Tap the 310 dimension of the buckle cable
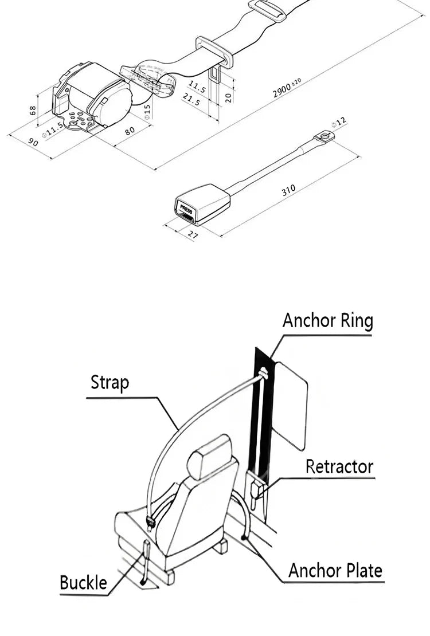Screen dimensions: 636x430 (x=289, y=191)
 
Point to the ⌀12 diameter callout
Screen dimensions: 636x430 (x=339, y=123)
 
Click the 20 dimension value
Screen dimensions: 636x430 (x=229, y=96)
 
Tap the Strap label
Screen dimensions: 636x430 (x=110, y=382)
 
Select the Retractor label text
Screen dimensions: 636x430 (x=339, y=466)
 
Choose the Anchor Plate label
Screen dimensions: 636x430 (x=335, y=570)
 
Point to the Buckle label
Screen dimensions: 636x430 (x=84, y=583)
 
